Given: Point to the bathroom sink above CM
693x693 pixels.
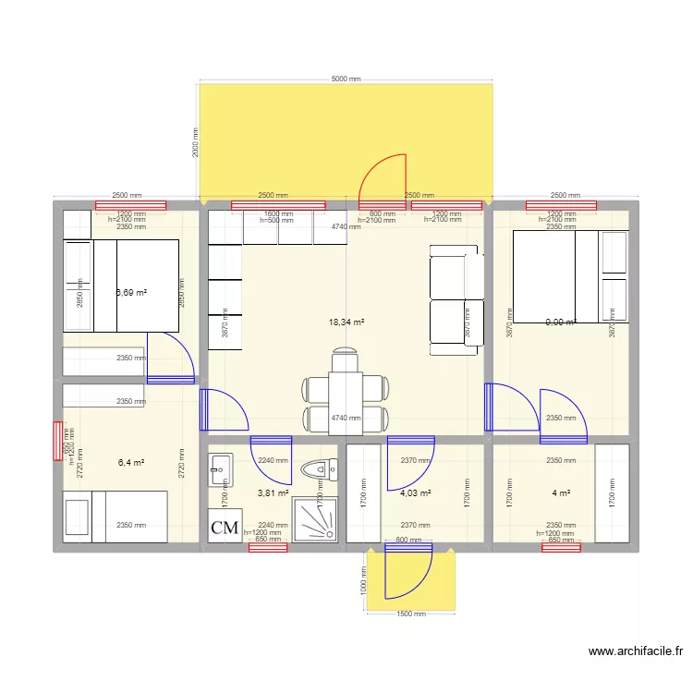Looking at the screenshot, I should coord(220,468).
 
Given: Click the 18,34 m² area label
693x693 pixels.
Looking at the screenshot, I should coord(346,322).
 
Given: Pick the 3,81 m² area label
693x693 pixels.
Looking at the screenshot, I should coord(273,493).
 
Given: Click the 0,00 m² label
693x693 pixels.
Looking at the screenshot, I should coord(560,322).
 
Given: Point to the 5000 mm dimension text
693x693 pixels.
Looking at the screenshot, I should coord(346,79).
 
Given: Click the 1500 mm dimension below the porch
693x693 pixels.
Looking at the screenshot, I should coord(410,614).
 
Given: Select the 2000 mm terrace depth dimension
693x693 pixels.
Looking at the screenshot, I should coord(195,142).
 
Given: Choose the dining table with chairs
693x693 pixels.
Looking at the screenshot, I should coord(345,389).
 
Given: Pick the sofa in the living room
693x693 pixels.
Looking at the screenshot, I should coord(456,299).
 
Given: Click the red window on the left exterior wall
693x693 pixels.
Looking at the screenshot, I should coord(58,441).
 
